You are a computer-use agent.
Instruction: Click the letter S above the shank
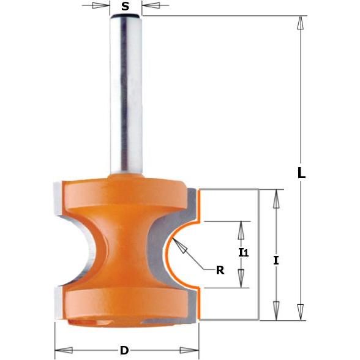[x=125, y=6]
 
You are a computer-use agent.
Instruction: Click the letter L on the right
[x=301, y=173]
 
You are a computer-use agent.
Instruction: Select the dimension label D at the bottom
[x=124, y=351]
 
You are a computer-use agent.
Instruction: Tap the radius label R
[x=220, y=271]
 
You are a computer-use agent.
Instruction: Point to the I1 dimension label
[x=244, y=252]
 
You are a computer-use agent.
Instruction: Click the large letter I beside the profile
[x=276, y=261]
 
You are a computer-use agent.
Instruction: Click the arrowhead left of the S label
[x=101, y=6]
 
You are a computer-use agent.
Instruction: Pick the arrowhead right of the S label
[x=151, y=5]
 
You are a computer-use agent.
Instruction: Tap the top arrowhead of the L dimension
[x=300, y=23]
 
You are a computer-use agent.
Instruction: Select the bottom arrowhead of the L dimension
[x=300, y=312]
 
